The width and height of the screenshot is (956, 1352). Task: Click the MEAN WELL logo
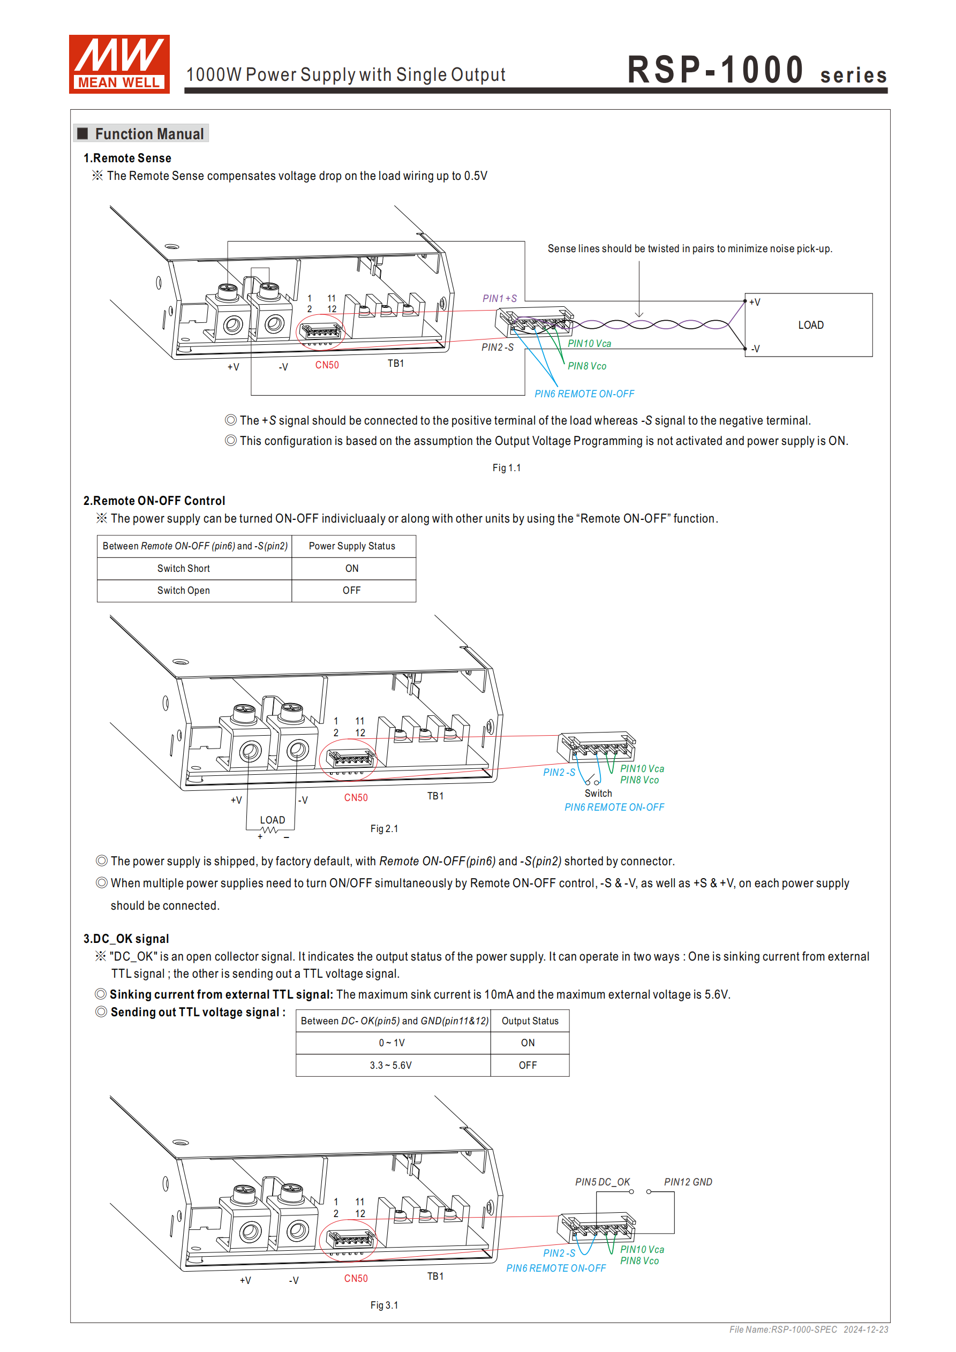pos(119,64)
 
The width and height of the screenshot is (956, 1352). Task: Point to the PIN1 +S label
pos(499,299)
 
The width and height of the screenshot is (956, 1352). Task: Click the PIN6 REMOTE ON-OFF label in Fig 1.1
pos(584,394)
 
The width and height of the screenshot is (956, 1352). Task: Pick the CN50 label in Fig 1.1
pos(327,365)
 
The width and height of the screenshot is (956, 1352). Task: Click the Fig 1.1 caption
pos(506,467)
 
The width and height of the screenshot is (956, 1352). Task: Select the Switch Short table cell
pos(183,568)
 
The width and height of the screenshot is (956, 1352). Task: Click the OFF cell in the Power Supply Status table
pos(352,590)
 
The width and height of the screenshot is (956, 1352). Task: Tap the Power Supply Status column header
pos(352,546)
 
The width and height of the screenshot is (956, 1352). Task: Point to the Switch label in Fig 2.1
pos(598,793)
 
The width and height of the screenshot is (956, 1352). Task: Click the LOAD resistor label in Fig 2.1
pos(272,820)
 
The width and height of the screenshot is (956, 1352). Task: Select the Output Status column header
pos(530,1021)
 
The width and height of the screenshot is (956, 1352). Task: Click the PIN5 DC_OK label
pos(602,1182)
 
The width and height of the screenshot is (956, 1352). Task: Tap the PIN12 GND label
pos(687,1182)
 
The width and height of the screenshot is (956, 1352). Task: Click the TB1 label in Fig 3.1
pos(435,1276)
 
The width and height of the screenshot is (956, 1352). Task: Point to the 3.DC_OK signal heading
pos(126,939)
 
